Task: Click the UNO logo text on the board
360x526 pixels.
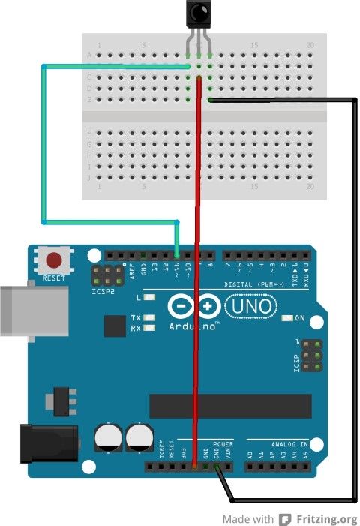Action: [x=251, y=306]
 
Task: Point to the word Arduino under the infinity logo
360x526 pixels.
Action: [x=187, y=326]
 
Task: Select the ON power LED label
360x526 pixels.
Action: [x=300, y=318]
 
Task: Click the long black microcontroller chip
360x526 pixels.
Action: [x=229, y=406]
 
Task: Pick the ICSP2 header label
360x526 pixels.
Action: [x=103, y=292]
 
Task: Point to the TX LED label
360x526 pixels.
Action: [x=136, y=318]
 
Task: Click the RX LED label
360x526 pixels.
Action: [x=136, y=329]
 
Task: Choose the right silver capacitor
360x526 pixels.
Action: [x=139, y=438]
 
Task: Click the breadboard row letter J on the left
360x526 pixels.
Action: [x=89, y=178]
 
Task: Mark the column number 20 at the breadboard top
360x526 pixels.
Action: [x=310, y=46]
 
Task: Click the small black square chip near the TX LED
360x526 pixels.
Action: [x=115, y=326]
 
